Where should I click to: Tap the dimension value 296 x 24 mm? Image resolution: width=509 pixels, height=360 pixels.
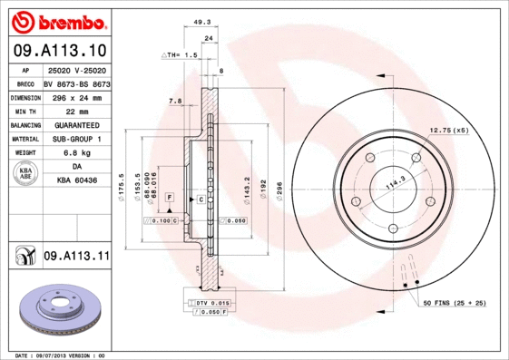[x=77, y=96]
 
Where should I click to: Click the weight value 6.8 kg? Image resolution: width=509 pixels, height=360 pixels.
[x=77, y=153]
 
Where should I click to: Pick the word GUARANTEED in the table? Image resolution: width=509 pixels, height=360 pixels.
[x=77, y=124]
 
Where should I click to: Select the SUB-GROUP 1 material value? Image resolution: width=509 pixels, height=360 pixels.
[x=77, y=139]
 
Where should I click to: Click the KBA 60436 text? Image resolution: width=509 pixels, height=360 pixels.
[x=77, y=181]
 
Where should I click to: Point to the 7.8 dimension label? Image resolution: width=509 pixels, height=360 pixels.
[x=175, y=101]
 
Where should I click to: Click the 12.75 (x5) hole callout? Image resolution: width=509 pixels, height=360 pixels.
[x=448, y=131]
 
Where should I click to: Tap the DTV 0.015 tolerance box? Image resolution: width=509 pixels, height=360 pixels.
[x=209, y=302]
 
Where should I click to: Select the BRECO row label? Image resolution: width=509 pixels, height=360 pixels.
[x=26, y=83]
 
